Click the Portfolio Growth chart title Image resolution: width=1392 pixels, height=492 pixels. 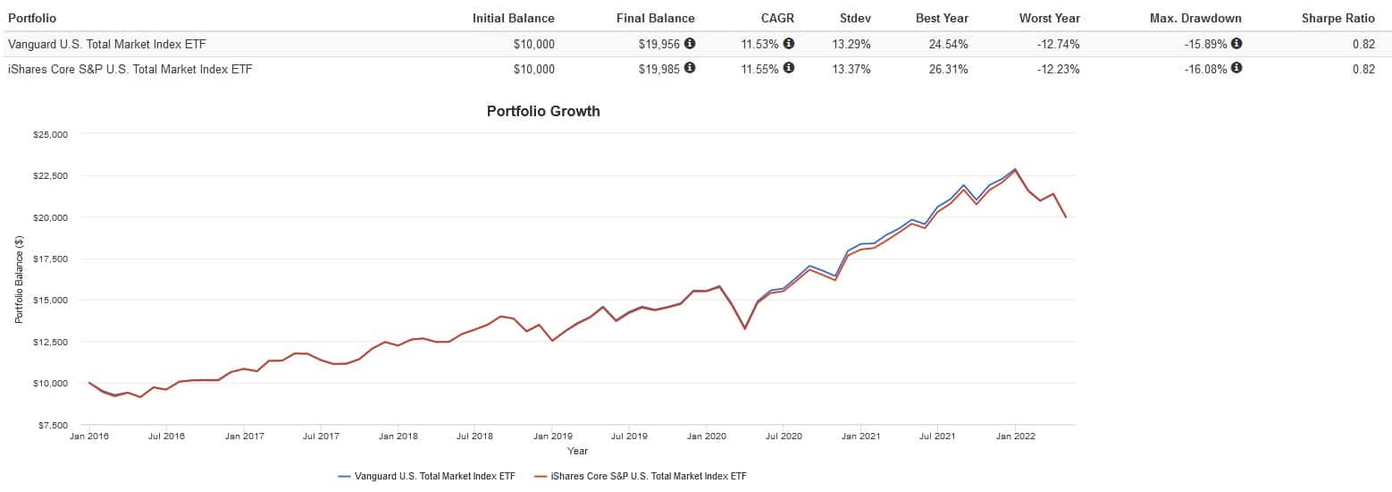[543, 112]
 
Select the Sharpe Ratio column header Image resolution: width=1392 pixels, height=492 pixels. [1337, 18]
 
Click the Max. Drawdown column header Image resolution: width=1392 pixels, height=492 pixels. [1196, 18]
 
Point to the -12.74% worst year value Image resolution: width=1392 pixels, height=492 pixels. [1055, 44]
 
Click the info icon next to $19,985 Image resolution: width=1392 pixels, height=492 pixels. [690, 69]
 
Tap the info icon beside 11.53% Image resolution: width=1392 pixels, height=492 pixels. [789, 43]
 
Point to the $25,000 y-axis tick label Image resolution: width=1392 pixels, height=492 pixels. [50, 135]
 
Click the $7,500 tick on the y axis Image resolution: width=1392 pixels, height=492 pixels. [52, 425]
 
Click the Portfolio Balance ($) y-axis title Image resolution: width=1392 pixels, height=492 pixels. [19, 280]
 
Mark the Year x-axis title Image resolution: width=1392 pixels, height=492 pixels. [577, 451]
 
